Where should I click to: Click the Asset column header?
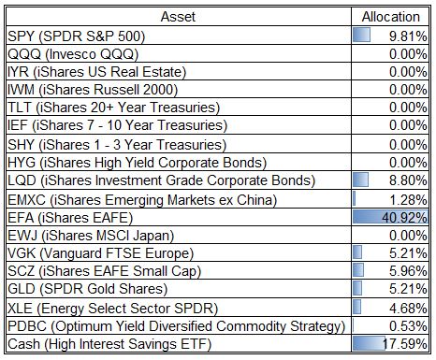pyautogui.click(x=178, y=17)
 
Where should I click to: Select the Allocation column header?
pyautogui.click(x=391, y=17)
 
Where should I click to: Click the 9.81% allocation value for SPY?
pyautogui.click(x=408, y=36)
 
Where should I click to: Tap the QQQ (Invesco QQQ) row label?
pyautogui.click(x=73, y=54)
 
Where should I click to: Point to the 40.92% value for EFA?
pyautogui.click(x=404, y=218)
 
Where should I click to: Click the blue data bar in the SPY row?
pyautogui.click(x=362, y=35)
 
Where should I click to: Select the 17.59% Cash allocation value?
pyautogui.click(x=405, y=344)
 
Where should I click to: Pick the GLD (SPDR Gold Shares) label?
pyautogui.click(x=88, y=289)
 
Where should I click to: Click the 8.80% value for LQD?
pyautogui.click(x=408, y=180)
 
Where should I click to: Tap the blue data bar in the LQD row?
pyautogui.click(x=360, y=180)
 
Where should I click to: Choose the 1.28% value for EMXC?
pyautogui.click(x=408, y=200)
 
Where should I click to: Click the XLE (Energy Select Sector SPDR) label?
pyautogui.click(x=112, y=309)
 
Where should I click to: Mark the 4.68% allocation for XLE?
pyautogui.click(x=408, y=309)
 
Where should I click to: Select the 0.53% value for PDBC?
pyautogui.click(x=408, y=326)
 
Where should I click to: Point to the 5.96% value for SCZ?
pyautogui.click(x=408, y=271)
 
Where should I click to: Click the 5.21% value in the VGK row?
pyautogui.click(x=408, y=253)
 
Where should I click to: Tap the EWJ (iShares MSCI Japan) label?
pyautogui.click(x=91, y=236)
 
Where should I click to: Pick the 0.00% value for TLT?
pyautogui.click(x=408, y=108)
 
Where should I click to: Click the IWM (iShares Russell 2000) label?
pyautogui.click(x=93, y=90)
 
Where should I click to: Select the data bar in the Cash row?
pyautogui.click(x=370, y=343)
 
